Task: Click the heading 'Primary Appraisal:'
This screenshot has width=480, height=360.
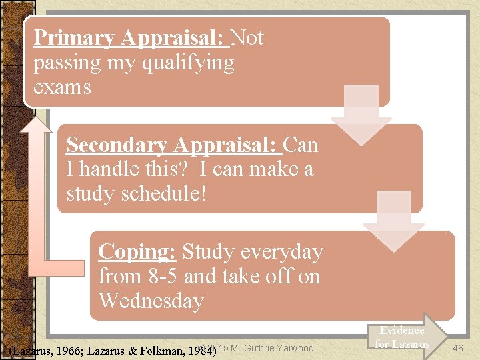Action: click(131, 38)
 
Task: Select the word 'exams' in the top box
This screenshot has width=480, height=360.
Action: click(62, 87)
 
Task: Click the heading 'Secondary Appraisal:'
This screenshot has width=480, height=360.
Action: click(174, 145)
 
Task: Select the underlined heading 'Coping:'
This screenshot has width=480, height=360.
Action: click(137, 252)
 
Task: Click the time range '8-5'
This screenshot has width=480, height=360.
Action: click(159, 277)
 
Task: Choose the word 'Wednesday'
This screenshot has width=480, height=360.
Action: click(151, 301)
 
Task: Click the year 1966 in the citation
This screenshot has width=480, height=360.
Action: click(71, 349)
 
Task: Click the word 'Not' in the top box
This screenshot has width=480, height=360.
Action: click(247, 38)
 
